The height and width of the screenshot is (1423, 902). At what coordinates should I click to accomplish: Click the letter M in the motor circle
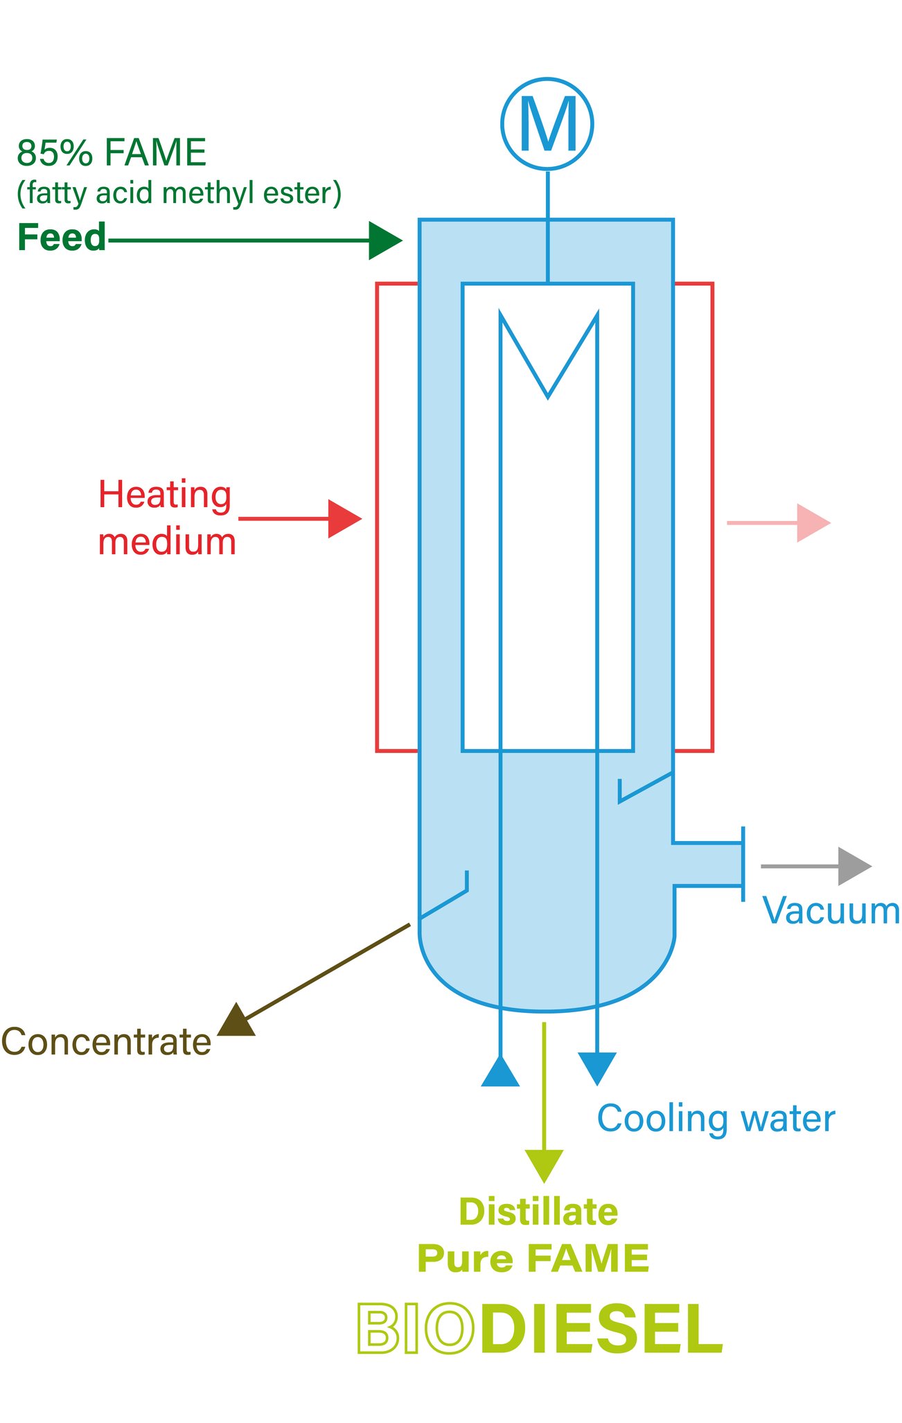547,124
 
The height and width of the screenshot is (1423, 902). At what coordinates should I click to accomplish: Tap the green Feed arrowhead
383,240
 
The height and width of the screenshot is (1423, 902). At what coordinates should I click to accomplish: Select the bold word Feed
62,238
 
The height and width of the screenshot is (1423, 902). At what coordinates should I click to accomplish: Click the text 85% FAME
112,152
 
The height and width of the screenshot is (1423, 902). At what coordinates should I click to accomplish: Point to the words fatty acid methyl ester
179,193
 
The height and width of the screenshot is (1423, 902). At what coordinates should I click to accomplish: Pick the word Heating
165,495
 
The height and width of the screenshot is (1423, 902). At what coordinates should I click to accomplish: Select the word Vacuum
830,910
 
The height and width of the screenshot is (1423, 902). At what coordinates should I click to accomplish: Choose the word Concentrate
106,1042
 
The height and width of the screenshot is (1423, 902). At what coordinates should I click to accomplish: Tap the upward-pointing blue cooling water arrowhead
500,1072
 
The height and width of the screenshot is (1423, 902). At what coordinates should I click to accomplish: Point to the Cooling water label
716,1119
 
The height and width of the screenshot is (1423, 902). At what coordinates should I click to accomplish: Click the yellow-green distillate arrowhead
544,1164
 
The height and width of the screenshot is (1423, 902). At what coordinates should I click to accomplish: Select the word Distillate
538,1212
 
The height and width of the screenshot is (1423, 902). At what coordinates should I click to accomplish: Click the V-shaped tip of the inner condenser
547,394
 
